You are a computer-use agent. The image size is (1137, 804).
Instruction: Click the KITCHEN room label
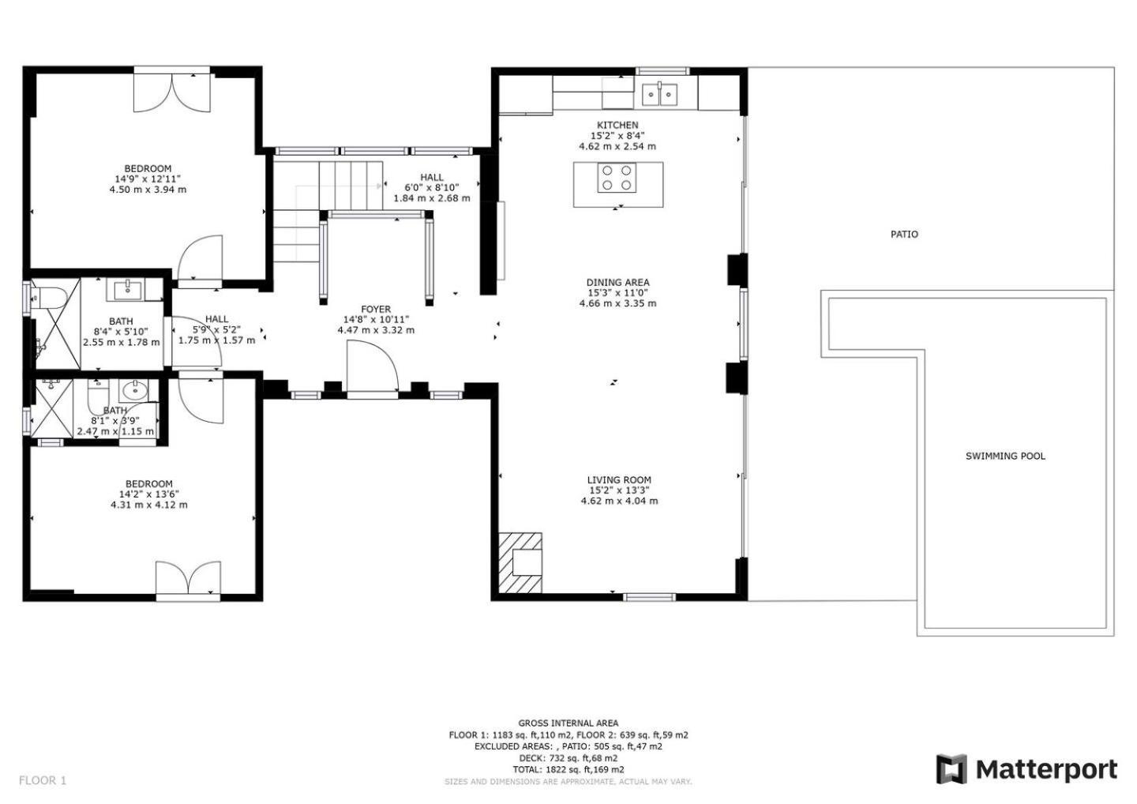click(x=617, y=125)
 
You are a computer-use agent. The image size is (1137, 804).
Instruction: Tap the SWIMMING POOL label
click(x=1005, y=456)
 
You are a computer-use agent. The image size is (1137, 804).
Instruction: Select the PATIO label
click(x=904, y=235)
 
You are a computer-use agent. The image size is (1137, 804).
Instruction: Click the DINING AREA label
click(x=617, y=282)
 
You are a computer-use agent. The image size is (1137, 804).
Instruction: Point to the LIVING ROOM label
click(x=619, y=479)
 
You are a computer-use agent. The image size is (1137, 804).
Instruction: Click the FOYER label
click(x=376, y=309)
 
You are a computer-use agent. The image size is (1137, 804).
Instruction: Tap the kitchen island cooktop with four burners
click(x=617, y=178)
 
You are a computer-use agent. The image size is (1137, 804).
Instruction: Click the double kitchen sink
click(x=659, y=95)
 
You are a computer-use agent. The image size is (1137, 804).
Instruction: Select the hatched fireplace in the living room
click(x=520, y=562)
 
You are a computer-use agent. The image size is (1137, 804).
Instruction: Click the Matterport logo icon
click(x=951, y=769)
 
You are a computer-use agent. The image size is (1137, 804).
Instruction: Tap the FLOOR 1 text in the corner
click(x=43, y=780)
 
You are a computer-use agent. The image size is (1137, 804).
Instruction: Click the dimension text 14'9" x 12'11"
click(x=147, y=178)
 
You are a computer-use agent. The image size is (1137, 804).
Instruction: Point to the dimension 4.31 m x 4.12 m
click(x=148, y=505)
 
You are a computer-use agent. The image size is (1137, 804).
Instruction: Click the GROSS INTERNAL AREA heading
click(x=568, y=723)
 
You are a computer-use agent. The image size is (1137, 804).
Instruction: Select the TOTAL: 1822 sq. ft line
click(x=568, y=769)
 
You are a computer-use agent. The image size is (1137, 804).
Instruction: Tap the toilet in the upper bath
click(x=48, y=298)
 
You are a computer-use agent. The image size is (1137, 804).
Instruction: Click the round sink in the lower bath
click(x=135, y=390)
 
